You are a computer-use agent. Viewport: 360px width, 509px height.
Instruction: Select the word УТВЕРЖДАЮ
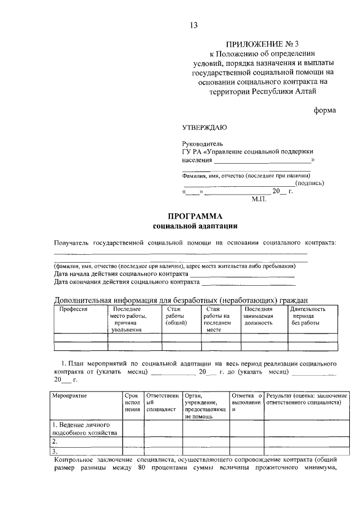[205, 127]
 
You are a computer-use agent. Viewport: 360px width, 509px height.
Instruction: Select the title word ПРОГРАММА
[196, 217]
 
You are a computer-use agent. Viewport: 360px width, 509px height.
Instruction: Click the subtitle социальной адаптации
[195, 226]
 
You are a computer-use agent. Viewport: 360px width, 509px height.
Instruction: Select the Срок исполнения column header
[132, 403]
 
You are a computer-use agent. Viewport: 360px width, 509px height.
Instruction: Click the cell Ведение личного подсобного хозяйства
[84, 429]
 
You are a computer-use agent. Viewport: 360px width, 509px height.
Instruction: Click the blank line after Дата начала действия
[242, 274]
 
